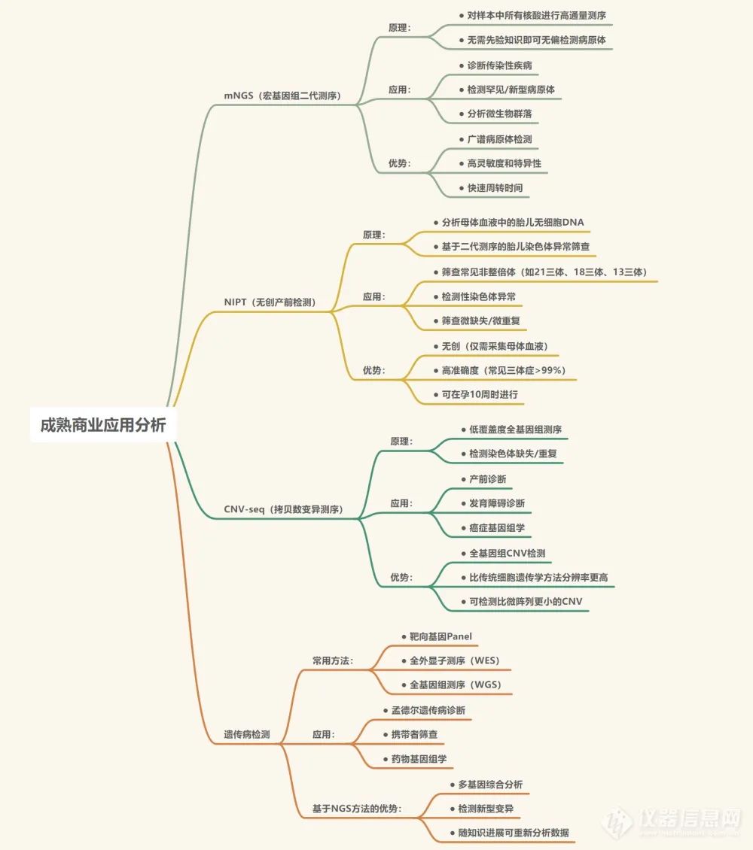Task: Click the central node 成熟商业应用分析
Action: click(x=98, y=424)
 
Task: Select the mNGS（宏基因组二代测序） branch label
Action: click(x=282, y=96)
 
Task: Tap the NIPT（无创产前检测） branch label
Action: click(x=270, y=302)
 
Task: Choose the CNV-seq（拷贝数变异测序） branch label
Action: click(x=283, y=509)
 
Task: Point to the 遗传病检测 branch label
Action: click(x=246, y=734)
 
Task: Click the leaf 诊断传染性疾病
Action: click(x=499, y=65)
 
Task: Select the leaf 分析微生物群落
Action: click(x=499, y=114)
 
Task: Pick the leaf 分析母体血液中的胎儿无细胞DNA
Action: click(x=513, y=223)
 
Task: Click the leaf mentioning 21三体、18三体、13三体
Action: click(x=544, y=272)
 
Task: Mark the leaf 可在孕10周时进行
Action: click(x=480, y=394)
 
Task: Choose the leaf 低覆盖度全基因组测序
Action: click(x=515, y=430)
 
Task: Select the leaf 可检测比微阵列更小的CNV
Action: click(x=526, y=601)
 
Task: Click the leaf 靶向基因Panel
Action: click(x=441, y=636)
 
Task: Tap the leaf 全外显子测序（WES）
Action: click(x=455, y=661)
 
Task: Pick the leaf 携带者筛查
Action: click(x=414, y=734)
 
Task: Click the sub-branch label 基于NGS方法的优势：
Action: click(x=357, y=809)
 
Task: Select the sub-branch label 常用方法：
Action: click(x=333, y=661)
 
